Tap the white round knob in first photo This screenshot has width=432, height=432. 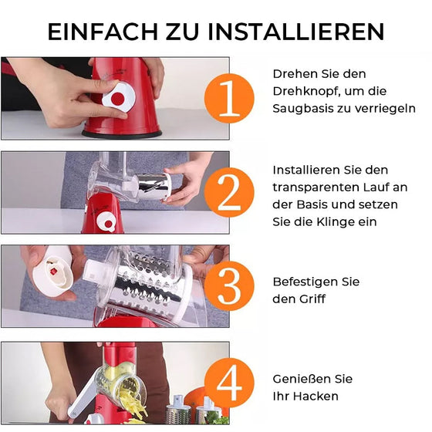[x=119, y=96]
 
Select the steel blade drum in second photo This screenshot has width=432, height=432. [x=154, y=186]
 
